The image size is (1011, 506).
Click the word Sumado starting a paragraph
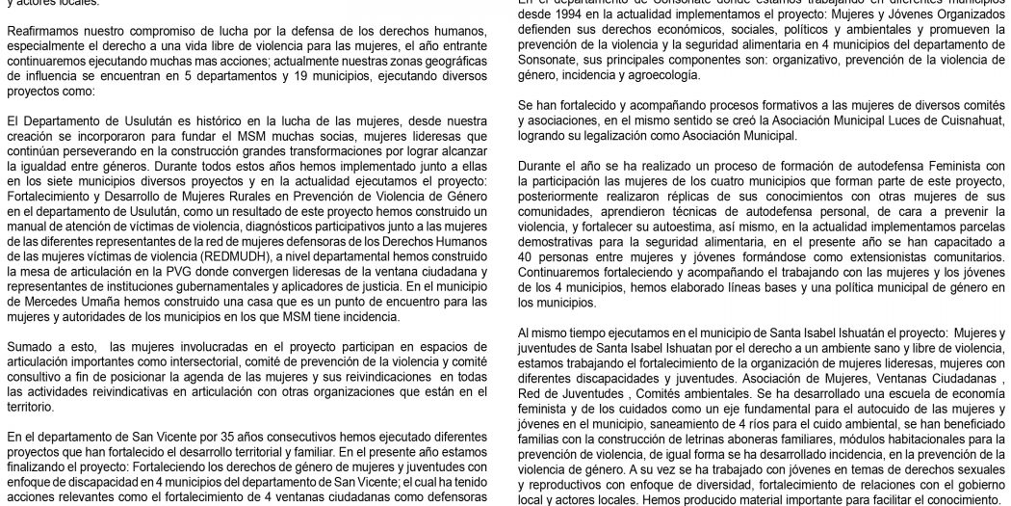pos(31,344)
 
